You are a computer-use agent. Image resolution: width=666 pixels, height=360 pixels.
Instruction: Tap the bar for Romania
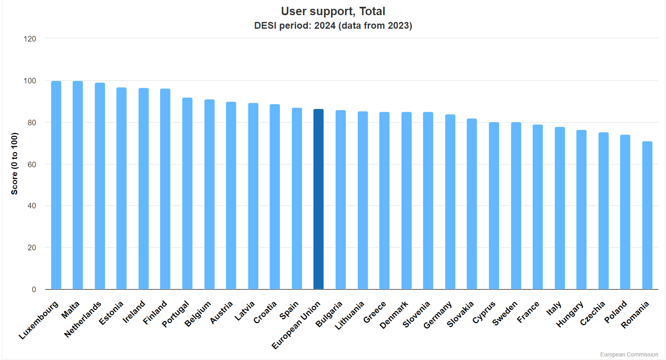(x=647, y=215)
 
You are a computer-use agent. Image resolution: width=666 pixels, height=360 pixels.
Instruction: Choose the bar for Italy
(x=560, y=208)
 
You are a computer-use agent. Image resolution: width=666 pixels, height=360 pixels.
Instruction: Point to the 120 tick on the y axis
(x=30, y=39)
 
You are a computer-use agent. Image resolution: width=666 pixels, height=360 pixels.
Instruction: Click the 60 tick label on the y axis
(x=32, y=164)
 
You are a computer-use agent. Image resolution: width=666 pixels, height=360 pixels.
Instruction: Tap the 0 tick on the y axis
(x=34, y=289)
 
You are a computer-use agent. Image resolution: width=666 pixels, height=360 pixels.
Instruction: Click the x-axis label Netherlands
(x=83, y=319)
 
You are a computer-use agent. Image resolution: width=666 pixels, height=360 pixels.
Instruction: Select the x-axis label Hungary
(x=570, y=314)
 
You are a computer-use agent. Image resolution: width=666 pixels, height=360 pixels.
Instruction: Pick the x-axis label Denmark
(x=394, y=315)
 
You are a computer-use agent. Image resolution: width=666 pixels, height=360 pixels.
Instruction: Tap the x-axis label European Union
(x=296, y=325)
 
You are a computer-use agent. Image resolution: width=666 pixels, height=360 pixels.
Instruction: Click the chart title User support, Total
(x=333, y=11)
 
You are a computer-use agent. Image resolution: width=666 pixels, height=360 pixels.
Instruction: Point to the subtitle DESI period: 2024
(x=333, y=26)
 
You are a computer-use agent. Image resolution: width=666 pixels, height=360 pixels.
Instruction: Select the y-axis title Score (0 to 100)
(x=14, y=164)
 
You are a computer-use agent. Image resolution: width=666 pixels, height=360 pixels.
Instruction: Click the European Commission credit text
(x=629, y=354)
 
